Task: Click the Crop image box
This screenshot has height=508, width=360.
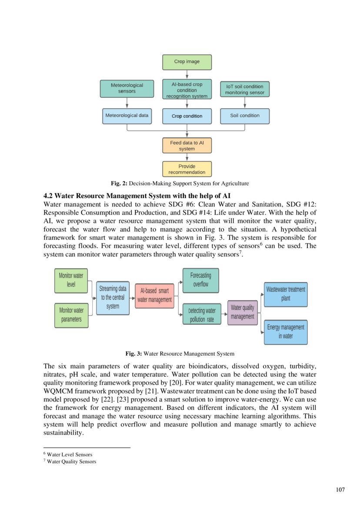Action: tap(187, 62)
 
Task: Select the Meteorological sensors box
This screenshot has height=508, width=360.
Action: tap(127, 88)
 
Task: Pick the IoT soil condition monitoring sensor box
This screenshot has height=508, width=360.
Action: tap(244, 90)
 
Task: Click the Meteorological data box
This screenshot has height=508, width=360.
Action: tap(127, 116)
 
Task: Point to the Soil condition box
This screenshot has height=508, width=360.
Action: tap(244, 116)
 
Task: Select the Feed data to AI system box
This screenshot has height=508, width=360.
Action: tap(187, 146)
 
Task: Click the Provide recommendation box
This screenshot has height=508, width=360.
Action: tap(187, 169)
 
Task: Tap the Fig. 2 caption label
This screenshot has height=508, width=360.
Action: tap(119, 183)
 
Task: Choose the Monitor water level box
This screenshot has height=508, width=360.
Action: tap(71, 280)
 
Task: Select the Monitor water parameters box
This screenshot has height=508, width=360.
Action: tap(71, 315)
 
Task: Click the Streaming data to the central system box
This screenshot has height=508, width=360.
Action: tap(113, 298)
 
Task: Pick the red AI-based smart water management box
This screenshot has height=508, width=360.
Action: tap(154, 296)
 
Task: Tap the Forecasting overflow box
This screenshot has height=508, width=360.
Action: tap(200, 280)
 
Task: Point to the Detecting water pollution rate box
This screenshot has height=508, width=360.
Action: tap(202, 315)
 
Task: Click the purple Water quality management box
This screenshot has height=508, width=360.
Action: tap(242, 312)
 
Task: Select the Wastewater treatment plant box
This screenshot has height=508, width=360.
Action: tap(285, 294)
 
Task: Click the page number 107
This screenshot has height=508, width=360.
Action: tap(340, 490)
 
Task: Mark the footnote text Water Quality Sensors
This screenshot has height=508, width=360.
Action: tap(71, 462)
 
